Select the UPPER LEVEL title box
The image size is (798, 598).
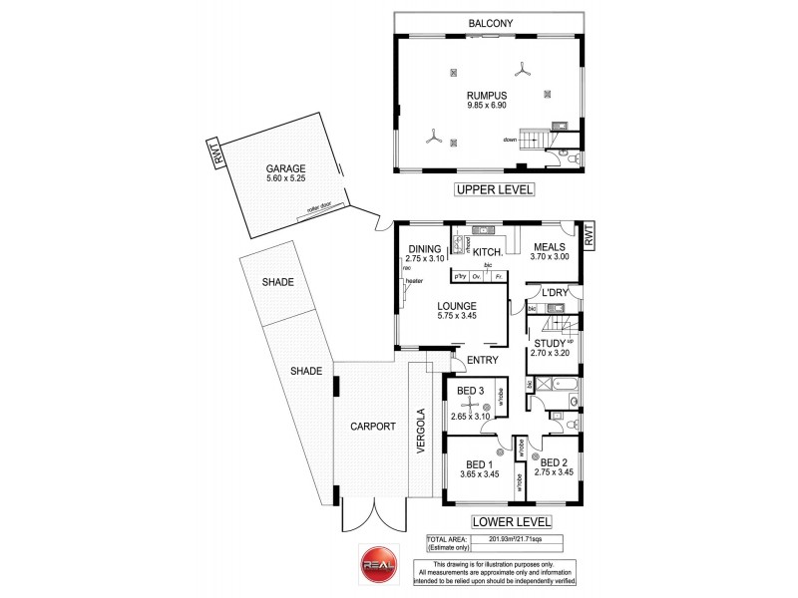click(495, 189)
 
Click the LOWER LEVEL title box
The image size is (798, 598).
click(511, 521)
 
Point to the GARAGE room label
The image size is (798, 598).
click(285, 168)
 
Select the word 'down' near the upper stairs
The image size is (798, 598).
click(510, 140)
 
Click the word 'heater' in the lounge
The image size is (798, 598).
click(414, 281)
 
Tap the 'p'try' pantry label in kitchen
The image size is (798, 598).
click(461, 276)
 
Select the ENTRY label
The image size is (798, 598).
click(483, 360)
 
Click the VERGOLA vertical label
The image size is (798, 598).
click(422, 432)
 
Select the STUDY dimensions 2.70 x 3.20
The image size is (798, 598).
click(549, 353)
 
